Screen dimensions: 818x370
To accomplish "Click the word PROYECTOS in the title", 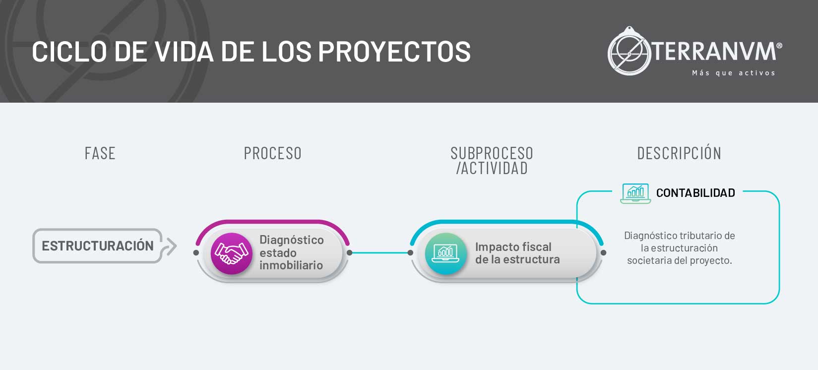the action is coord(394,52).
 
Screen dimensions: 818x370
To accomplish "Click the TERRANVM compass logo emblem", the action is coord(629,51).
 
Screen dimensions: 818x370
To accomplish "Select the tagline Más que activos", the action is coord(734,73).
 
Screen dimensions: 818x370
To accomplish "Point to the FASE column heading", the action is coord(100,153).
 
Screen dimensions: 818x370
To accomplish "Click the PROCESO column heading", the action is coord(273,153).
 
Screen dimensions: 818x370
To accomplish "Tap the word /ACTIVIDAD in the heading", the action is coord(492,168).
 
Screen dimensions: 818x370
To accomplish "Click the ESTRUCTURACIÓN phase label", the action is coord(98,246).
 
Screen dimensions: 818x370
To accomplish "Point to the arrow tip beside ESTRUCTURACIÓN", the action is coord(177,246).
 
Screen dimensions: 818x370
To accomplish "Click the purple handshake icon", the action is coord(232,253).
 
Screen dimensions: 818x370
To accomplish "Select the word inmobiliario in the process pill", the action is coord(291,265).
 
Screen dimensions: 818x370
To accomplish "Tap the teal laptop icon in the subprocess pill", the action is coord(445,253).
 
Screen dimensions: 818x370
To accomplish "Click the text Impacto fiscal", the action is coord(513,247).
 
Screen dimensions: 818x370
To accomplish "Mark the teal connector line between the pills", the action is coord(380,253).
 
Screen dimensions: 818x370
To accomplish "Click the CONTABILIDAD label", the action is coord(695,193).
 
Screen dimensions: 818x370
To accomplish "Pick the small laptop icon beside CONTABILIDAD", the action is coord(635,193).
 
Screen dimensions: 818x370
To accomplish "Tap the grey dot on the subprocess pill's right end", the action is coord(603,253).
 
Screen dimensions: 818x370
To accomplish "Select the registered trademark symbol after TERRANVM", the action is coord(779,46).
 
